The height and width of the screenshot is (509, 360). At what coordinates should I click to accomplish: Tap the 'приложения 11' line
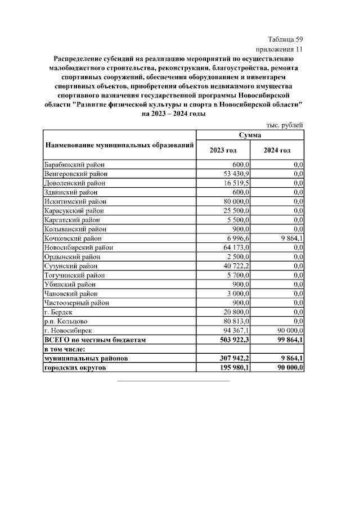click(280, 49)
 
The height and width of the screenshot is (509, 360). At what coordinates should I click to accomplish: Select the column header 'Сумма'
click(249, 135)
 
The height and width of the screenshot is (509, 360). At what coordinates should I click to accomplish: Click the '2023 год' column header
click(223, 150)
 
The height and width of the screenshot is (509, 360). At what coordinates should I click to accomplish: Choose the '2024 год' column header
click(277, 150)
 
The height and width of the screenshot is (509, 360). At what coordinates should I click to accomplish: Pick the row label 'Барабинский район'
click(74, 165)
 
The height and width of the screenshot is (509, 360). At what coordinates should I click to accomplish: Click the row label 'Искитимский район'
click(75, 201)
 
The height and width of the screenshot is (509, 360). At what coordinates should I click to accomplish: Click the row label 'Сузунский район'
click(71, 266)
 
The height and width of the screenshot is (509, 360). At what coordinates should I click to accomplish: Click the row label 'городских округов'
click(75, 368)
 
